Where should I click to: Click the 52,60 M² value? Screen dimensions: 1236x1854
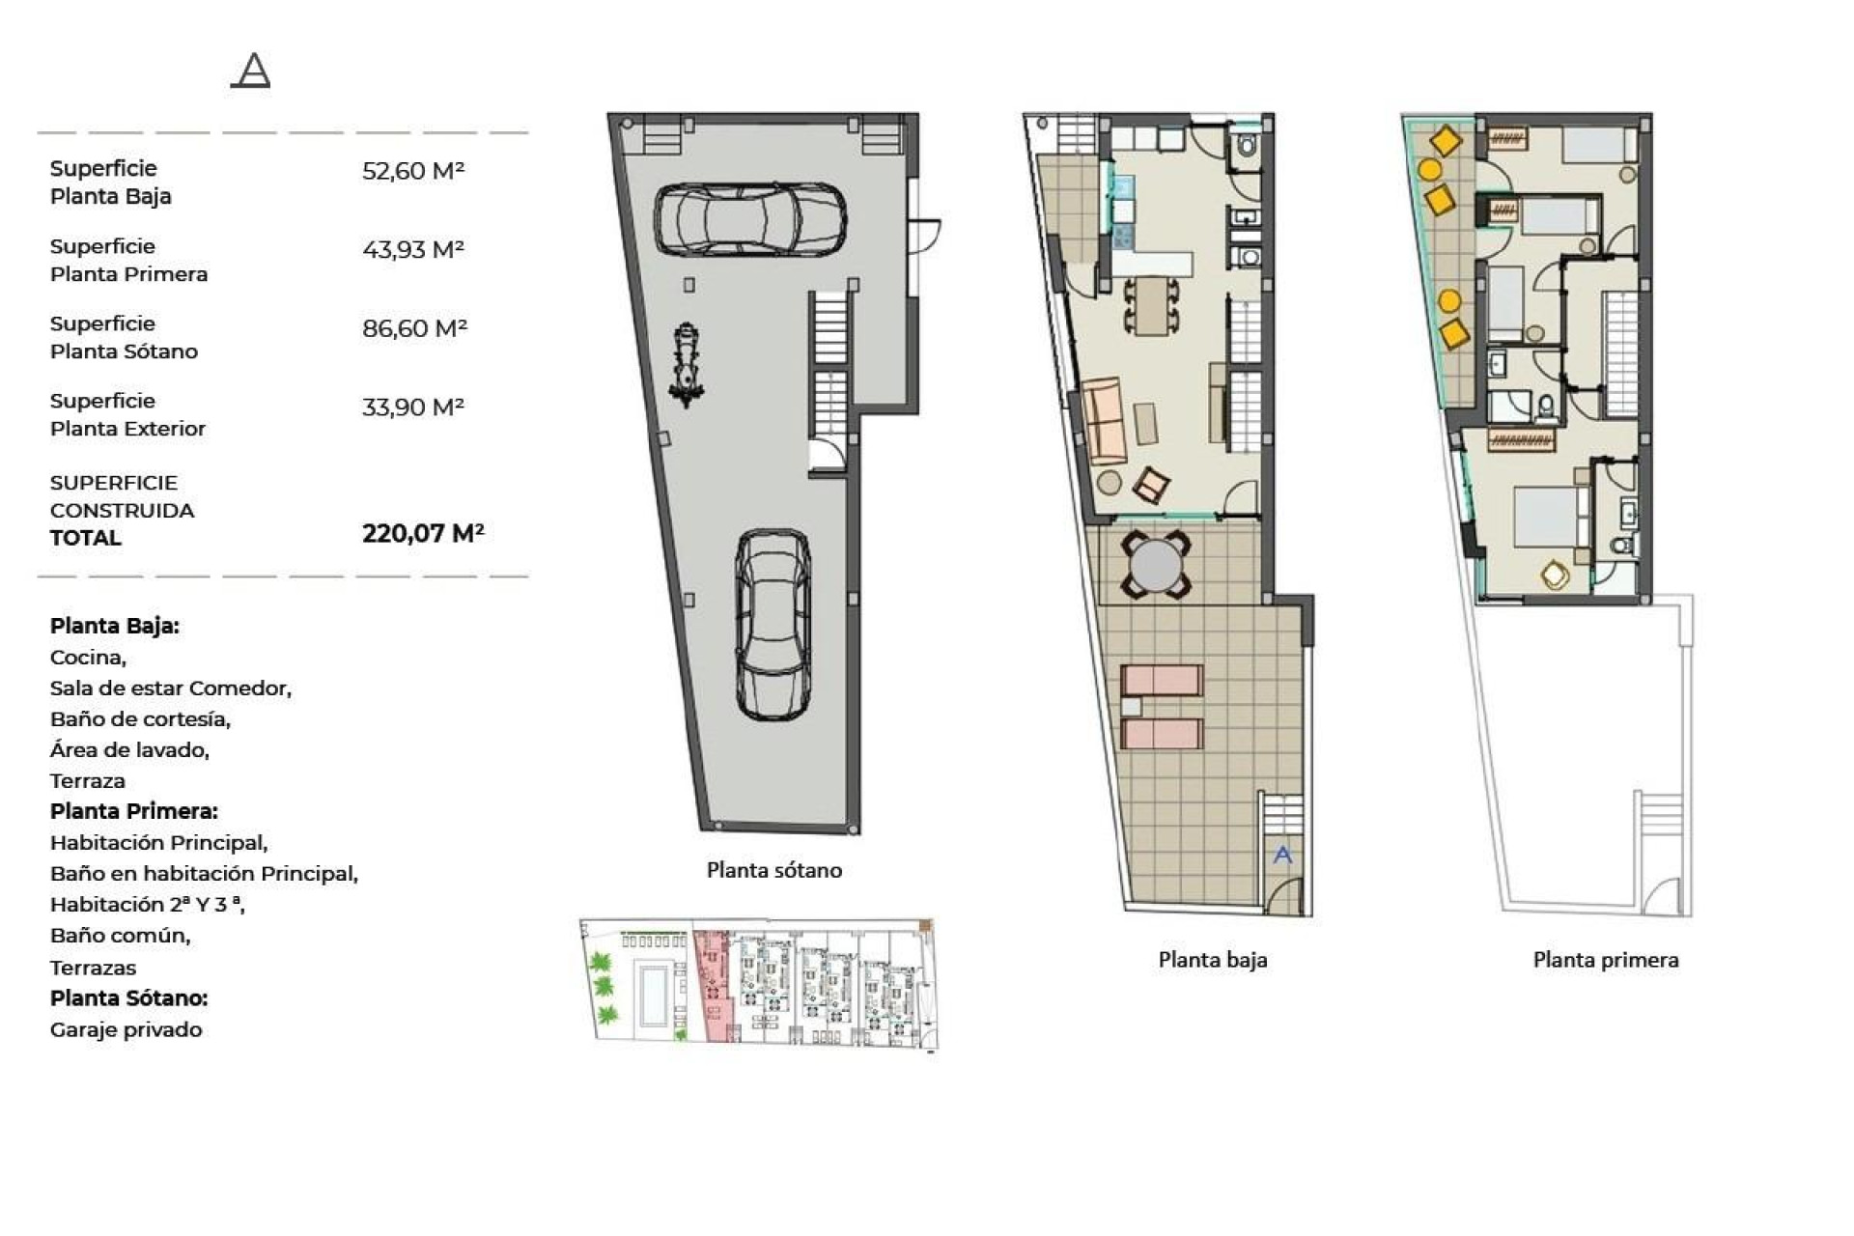coord(412,171)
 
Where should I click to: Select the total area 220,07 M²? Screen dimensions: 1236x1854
coord(422,533)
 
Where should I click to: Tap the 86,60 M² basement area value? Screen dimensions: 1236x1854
coord(414,328)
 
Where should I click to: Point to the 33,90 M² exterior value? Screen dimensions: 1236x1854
coord(412,407)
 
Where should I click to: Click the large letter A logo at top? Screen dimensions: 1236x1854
coord(251,70)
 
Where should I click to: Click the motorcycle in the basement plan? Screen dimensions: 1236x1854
coord(687,366)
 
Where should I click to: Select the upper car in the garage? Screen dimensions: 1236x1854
coord(750,219)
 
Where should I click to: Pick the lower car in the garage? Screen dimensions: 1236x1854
coord(772,625)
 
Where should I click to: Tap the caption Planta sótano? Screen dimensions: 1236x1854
coord(773,870)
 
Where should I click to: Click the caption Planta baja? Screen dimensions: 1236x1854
coord(1212,960)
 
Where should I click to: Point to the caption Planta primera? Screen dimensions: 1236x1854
coord(1605,960)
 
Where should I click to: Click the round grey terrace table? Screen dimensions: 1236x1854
coord(1156,566)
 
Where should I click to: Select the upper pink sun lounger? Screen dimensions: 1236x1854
coord(1162,680)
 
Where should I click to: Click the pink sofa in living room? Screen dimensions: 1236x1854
coord(1104,422)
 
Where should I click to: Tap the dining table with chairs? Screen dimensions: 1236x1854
coord(1151,305)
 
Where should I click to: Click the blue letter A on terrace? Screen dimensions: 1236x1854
coord(1282,855)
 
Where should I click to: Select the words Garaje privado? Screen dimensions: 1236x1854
coord(126,1029)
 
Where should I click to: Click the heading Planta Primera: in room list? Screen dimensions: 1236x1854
coord(133,811)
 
